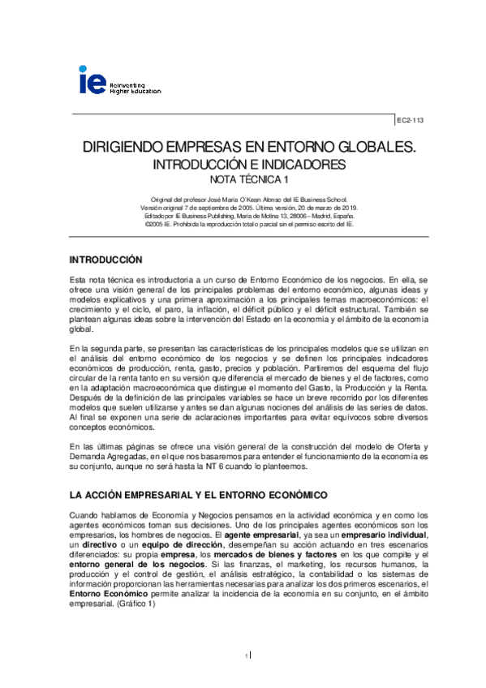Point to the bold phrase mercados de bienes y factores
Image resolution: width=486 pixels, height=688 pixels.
coord(281,557)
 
